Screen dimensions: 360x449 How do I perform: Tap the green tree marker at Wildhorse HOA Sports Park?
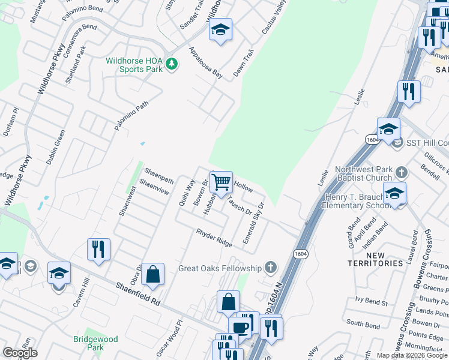(172, 63)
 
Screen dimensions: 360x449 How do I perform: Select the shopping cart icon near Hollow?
(221, 181)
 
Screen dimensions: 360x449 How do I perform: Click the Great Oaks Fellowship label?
(220, 268)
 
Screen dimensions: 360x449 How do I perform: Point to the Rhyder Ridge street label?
(214, 238)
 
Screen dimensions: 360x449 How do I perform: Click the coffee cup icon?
(240, 328)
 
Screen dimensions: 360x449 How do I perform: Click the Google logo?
(20, 353)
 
